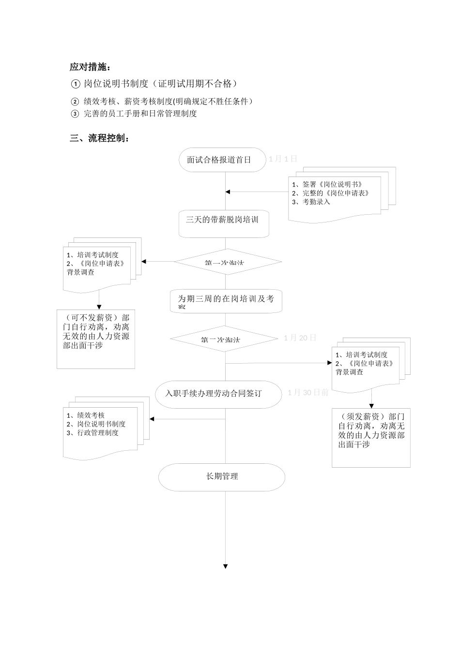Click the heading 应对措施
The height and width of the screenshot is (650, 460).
[90, 67]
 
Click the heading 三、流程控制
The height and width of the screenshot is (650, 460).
[99, 138]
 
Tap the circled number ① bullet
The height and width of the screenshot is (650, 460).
[75, 84]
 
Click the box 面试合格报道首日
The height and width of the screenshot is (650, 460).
[219, 160]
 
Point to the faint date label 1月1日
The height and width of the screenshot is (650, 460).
[283, 159]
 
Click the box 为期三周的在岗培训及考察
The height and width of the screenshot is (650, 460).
[226, 301]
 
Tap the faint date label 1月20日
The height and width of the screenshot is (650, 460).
[300, 338]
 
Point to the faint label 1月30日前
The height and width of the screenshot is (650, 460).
[308, 392]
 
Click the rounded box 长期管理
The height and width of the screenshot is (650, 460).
[222, 477]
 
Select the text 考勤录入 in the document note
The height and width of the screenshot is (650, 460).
[316, 202]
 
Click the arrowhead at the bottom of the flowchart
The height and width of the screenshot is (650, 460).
[225, 566]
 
